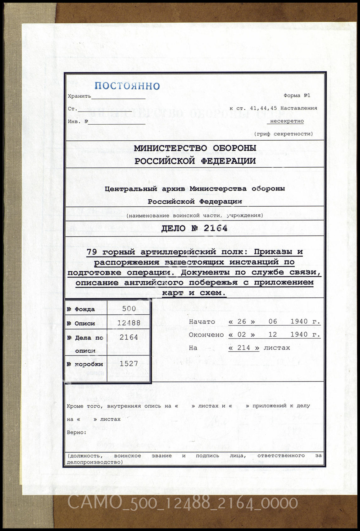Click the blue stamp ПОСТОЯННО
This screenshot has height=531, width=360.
pos(127,86)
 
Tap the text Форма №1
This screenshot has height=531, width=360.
pos(297,95)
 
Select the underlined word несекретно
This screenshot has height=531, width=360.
pos(287,121)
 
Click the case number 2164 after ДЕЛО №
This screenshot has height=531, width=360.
pos(215,228)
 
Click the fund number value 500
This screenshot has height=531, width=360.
pos(129,309)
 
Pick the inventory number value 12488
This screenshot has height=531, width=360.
pos(129,323)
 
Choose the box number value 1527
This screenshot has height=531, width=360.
pos(129,364)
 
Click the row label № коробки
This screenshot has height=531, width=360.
pos(85,364)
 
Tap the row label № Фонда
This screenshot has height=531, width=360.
pos(81,309)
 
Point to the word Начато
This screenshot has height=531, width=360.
pos(202,322)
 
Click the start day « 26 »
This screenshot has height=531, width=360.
pos(242,322)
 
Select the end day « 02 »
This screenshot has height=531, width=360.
pos(242,335)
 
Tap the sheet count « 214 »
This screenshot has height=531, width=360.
pos(244,348)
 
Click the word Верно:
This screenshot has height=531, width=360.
pos(77,432)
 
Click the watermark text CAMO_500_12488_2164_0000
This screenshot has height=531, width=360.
pos(183,503)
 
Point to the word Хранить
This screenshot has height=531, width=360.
pos(79,96)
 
